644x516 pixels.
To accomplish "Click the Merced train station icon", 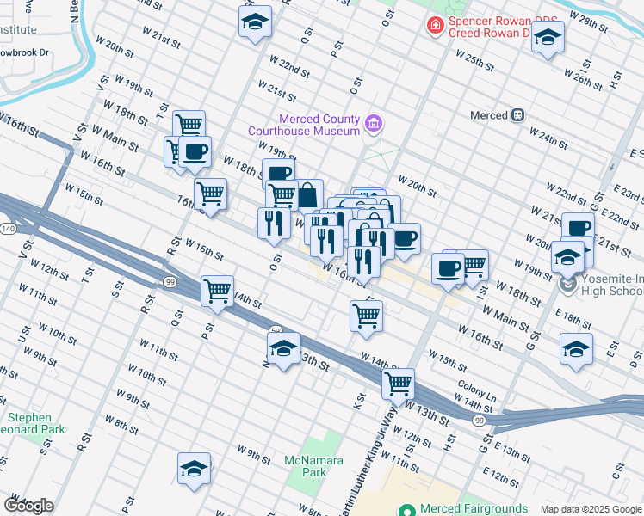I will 518,115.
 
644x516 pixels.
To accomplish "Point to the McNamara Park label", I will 306,466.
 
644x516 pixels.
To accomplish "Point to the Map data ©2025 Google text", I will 590,509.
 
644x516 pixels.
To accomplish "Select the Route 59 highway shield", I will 276,329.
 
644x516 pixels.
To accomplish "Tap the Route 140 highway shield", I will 8,229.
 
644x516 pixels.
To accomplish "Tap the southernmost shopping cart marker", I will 398,384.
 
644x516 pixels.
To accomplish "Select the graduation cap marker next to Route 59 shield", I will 283,348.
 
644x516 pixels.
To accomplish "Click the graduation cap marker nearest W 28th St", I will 548,36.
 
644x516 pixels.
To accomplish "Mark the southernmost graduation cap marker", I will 195,469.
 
